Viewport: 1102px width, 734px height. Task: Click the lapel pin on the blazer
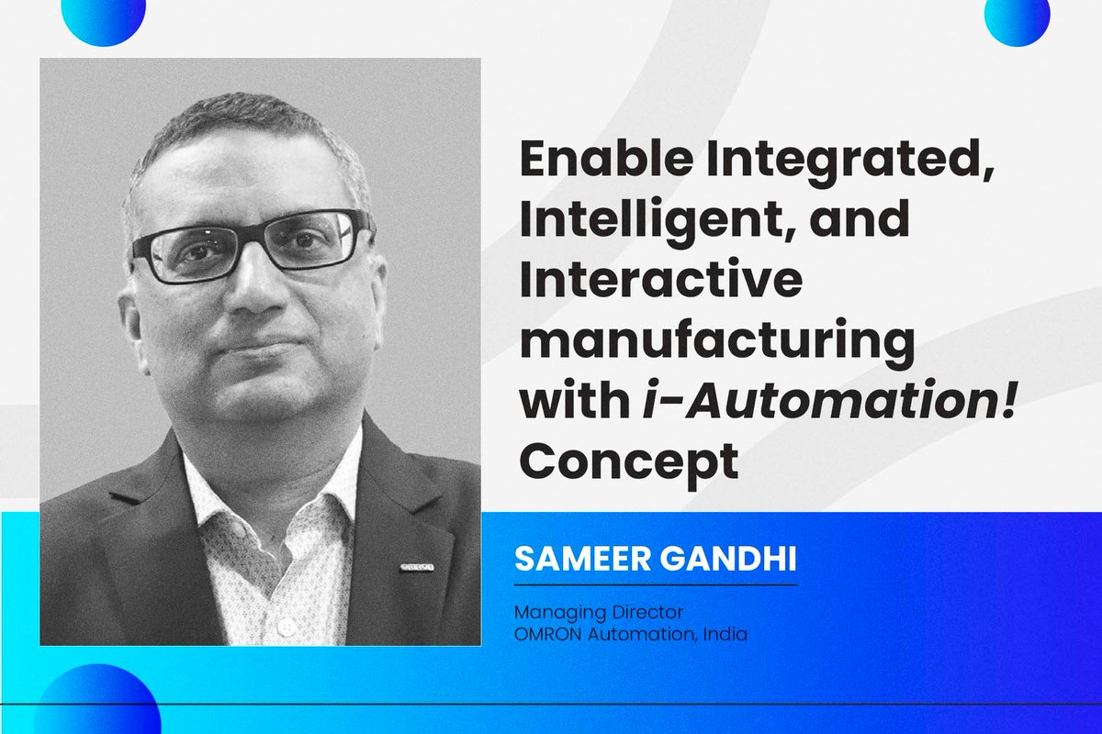(x=417, y=568)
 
